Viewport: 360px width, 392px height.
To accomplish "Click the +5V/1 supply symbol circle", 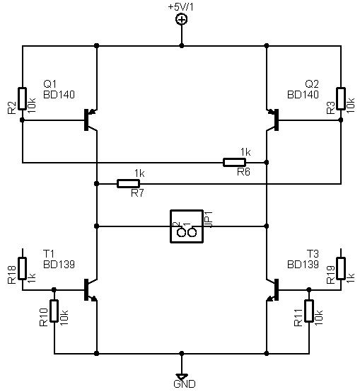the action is click(x=182, y=20).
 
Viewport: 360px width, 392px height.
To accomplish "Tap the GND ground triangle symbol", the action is click(x=182, y=376).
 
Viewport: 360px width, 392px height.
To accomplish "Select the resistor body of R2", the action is click(x=22, y=98).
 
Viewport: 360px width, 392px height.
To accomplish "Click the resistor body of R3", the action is click(x=341, y=98).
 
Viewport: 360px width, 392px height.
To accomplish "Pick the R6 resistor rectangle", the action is click(x=234, y=163).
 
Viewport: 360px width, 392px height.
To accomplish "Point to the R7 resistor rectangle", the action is click(x=128, y=184).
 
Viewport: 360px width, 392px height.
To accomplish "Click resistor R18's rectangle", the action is click(x=22, y=268).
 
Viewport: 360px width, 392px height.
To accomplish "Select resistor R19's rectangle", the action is click(x=341, y=268).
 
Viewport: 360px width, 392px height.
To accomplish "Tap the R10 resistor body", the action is click(x=54, y=311).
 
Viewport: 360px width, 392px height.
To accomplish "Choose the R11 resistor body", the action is click(x=309, y=311).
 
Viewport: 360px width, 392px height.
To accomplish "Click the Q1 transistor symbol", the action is click(x=91, y=120).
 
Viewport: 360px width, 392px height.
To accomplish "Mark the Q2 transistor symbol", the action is click(x=272, y=120).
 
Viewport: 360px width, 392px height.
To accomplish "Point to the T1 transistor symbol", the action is click(x=91, y=290).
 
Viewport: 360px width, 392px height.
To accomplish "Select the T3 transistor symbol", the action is click(x=272, y=290).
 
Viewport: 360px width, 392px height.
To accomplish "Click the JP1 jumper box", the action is click(x=187, y=226).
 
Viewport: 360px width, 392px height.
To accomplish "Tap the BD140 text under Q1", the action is click(x=59, y=95).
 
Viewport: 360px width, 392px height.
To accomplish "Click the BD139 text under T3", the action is click(x=303, y=265).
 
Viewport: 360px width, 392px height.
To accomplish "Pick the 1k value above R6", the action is click(x=245, y=152).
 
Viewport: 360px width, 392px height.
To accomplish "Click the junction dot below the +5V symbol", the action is click(x=182, y=46).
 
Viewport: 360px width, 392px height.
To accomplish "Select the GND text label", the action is click(x=185, y=384).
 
